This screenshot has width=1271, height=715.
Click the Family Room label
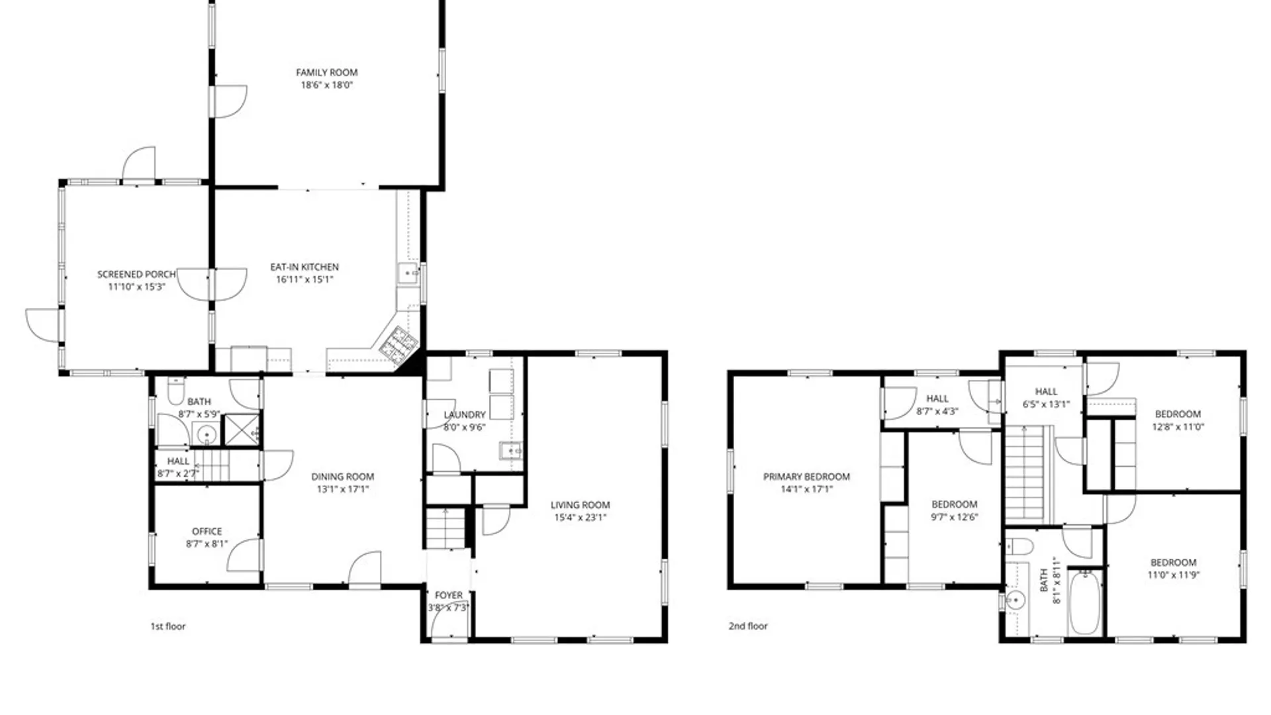(x=326, y=72)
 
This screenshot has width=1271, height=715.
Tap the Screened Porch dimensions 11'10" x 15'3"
(x=136, y=287)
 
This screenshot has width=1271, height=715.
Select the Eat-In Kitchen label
(x=305, y=267)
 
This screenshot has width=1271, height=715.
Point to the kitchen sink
(x=408, y=273)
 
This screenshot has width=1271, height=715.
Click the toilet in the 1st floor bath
(x=176, y=391)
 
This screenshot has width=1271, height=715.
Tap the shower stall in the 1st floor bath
(x=242, y=430)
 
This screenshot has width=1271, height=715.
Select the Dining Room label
(x=342, y=476)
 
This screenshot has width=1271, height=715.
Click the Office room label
(x=207, y=531)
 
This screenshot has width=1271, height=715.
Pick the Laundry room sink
(x=510, y=452)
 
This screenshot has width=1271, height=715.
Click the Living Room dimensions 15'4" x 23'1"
(x=580, y=518)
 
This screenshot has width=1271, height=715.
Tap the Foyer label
(x=448, y=595)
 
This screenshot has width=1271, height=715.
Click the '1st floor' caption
(x=168, y=626)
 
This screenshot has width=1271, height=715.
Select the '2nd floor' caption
(x=748, y=626)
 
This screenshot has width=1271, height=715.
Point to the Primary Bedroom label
(x=806, y=476)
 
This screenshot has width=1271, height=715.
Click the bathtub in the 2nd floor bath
(x=1084, y=602)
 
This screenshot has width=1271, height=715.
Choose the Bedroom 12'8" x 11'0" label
(x=1178, y=414)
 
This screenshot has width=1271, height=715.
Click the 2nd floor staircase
(x=1025, y=473)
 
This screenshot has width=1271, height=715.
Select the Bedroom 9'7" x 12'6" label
(x=954, y=504)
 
